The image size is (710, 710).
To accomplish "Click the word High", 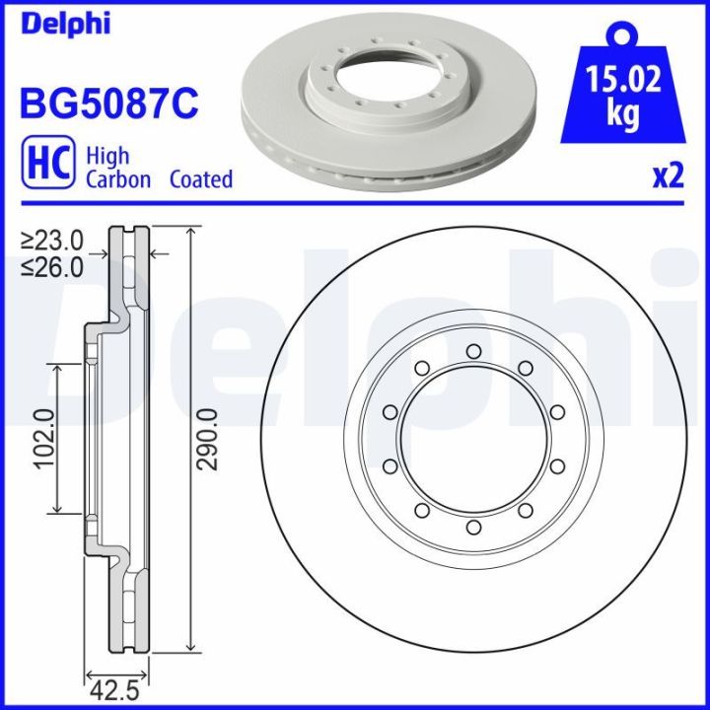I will pyautogui.click(x=107, y=156).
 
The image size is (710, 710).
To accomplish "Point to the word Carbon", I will pyautogui.click(x=117, y=179).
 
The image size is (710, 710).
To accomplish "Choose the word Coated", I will pyautogui.click(x=200, y=179).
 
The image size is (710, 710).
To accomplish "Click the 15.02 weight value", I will pyautogui.click(x=621, y=80).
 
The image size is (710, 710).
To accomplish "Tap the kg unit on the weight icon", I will pyautogui.click(x=621, y=115).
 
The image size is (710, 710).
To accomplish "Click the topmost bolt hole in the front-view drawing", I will pyautogui.click(x=473, y=351).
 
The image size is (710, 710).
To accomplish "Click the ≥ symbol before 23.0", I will pyautogui.click(x=28, y=241).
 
